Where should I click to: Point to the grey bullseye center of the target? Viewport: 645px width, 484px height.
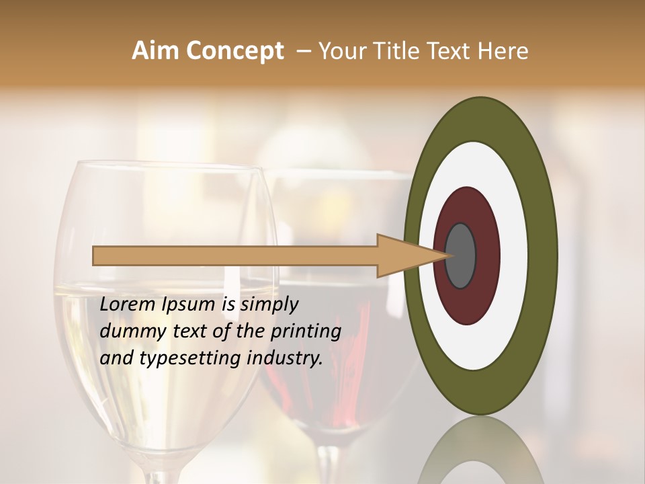pyautogui.click(x=461, y=255)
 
